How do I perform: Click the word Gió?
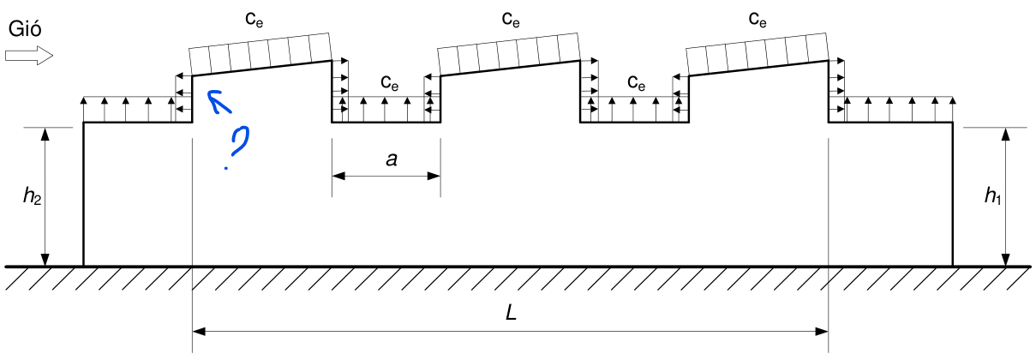[x=25, y=28]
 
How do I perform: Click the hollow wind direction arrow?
[x=29, y=56]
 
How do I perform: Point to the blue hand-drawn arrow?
[x=219, y=102]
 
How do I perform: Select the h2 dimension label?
[x=33, y=196]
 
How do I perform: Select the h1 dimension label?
[x=992, y=195]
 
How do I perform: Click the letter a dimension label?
[x=392, y=159]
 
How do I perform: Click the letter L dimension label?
[x=511, y=313]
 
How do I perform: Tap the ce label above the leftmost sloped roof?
[x=254, y=19]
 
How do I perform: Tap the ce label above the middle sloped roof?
[x=511, y=19]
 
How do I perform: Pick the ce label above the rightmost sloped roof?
[x=758, y=19]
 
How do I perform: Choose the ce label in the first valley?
[x=389, y=82]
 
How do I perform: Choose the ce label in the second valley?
[x=637, y=82]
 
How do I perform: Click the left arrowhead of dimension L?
[x=199, y=332]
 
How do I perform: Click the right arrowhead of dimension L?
[x=822, y=332]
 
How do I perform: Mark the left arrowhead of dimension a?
[x=338, y=176]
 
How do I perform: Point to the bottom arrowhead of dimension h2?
[x=45, y=260]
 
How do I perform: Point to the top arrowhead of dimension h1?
[x=1005, y=135]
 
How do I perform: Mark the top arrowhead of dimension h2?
[x=45, y=135]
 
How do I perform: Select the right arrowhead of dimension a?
[x=434, y=176]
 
